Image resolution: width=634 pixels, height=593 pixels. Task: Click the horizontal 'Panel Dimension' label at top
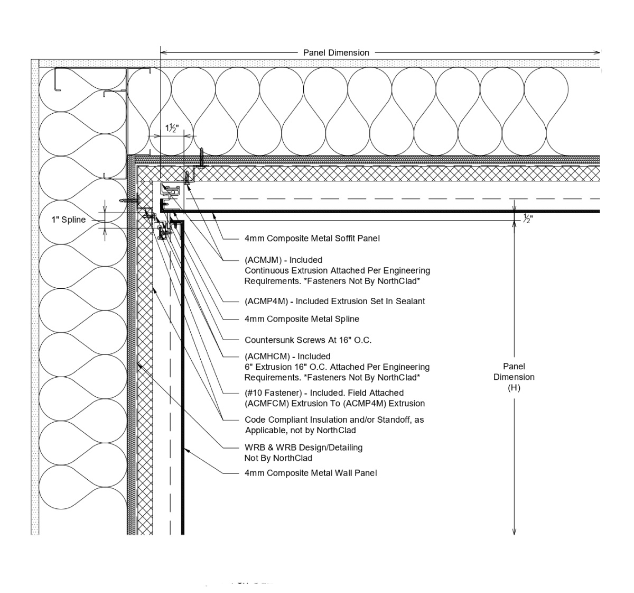[336, 52]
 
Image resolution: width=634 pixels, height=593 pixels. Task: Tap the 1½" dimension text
[172, 129]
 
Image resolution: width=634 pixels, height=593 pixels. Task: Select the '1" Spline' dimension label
[68, 220]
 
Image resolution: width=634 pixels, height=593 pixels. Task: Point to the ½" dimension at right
[527, 218]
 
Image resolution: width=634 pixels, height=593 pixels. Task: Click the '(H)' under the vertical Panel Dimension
[514, 388]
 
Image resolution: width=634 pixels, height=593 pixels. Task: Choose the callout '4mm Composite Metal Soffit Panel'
[312, 238]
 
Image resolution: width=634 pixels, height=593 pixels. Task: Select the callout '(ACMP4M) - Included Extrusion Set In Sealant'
[334, 301]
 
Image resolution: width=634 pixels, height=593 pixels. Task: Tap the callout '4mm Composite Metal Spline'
[302, 319]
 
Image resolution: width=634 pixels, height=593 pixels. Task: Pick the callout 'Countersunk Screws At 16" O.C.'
[308, 340]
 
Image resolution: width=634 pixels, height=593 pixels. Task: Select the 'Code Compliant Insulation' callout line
[334, 419]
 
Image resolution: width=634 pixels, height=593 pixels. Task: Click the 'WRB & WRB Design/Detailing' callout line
[303, 448]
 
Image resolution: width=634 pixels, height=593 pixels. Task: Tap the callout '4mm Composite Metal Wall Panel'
[311, 473]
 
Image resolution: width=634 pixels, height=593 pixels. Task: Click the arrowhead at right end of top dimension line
[597, 52]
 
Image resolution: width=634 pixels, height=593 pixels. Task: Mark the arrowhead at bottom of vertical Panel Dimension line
[514, 532]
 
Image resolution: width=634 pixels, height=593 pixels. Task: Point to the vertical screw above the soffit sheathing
[201, 157]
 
